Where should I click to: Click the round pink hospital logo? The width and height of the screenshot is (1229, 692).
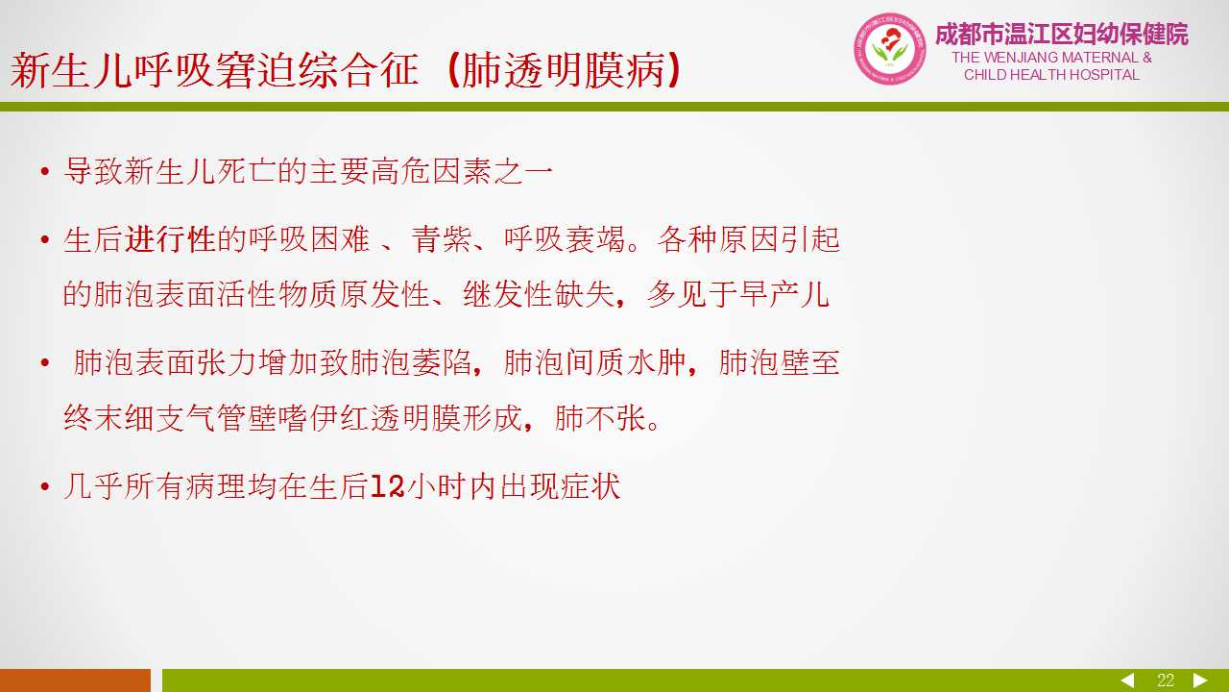coord(890,49)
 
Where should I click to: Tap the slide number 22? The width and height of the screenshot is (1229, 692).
coord(1166,680)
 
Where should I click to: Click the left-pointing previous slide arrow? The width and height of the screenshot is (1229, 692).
coord(1127,680)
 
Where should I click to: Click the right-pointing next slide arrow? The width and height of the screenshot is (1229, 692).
coord(1200,680)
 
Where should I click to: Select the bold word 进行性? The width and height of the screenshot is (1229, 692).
coord(170,240)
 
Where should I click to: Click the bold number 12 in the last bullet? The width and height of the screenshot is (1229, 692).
coord(387,486)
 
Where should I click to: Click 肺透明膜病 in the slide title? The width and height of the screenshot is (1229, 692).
coord(564,71)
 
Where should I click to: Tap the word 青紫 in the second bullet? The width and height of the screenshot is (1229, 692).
coord(442,240)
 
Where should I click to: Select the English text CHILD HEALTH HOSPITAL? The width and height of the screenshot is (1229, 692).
coord(1051,75)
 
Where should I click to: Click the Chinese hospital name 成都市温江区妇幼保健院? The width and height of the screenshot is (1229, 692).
coord(1062,34)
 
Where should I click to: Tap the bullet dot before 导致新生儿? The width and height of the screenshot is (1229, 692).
coord(45,171)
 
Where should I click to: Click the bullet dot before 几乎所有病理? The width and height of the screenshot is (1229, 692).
coord(45,486)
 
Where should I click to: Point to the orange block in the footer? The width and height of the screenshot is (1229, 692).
coord(75,680)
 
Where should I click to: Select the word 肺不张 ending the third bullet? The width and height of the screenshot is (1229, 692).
coord(600,418)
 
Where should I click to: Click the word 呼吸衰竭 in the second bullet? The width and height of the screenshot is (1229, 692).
coord(565,240)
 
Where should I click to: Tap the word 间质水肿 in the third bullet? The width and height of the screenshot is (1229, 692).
coord(625,362)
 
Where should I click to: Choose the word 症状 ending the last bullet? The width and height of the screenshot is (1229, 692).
coord(590,486)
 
